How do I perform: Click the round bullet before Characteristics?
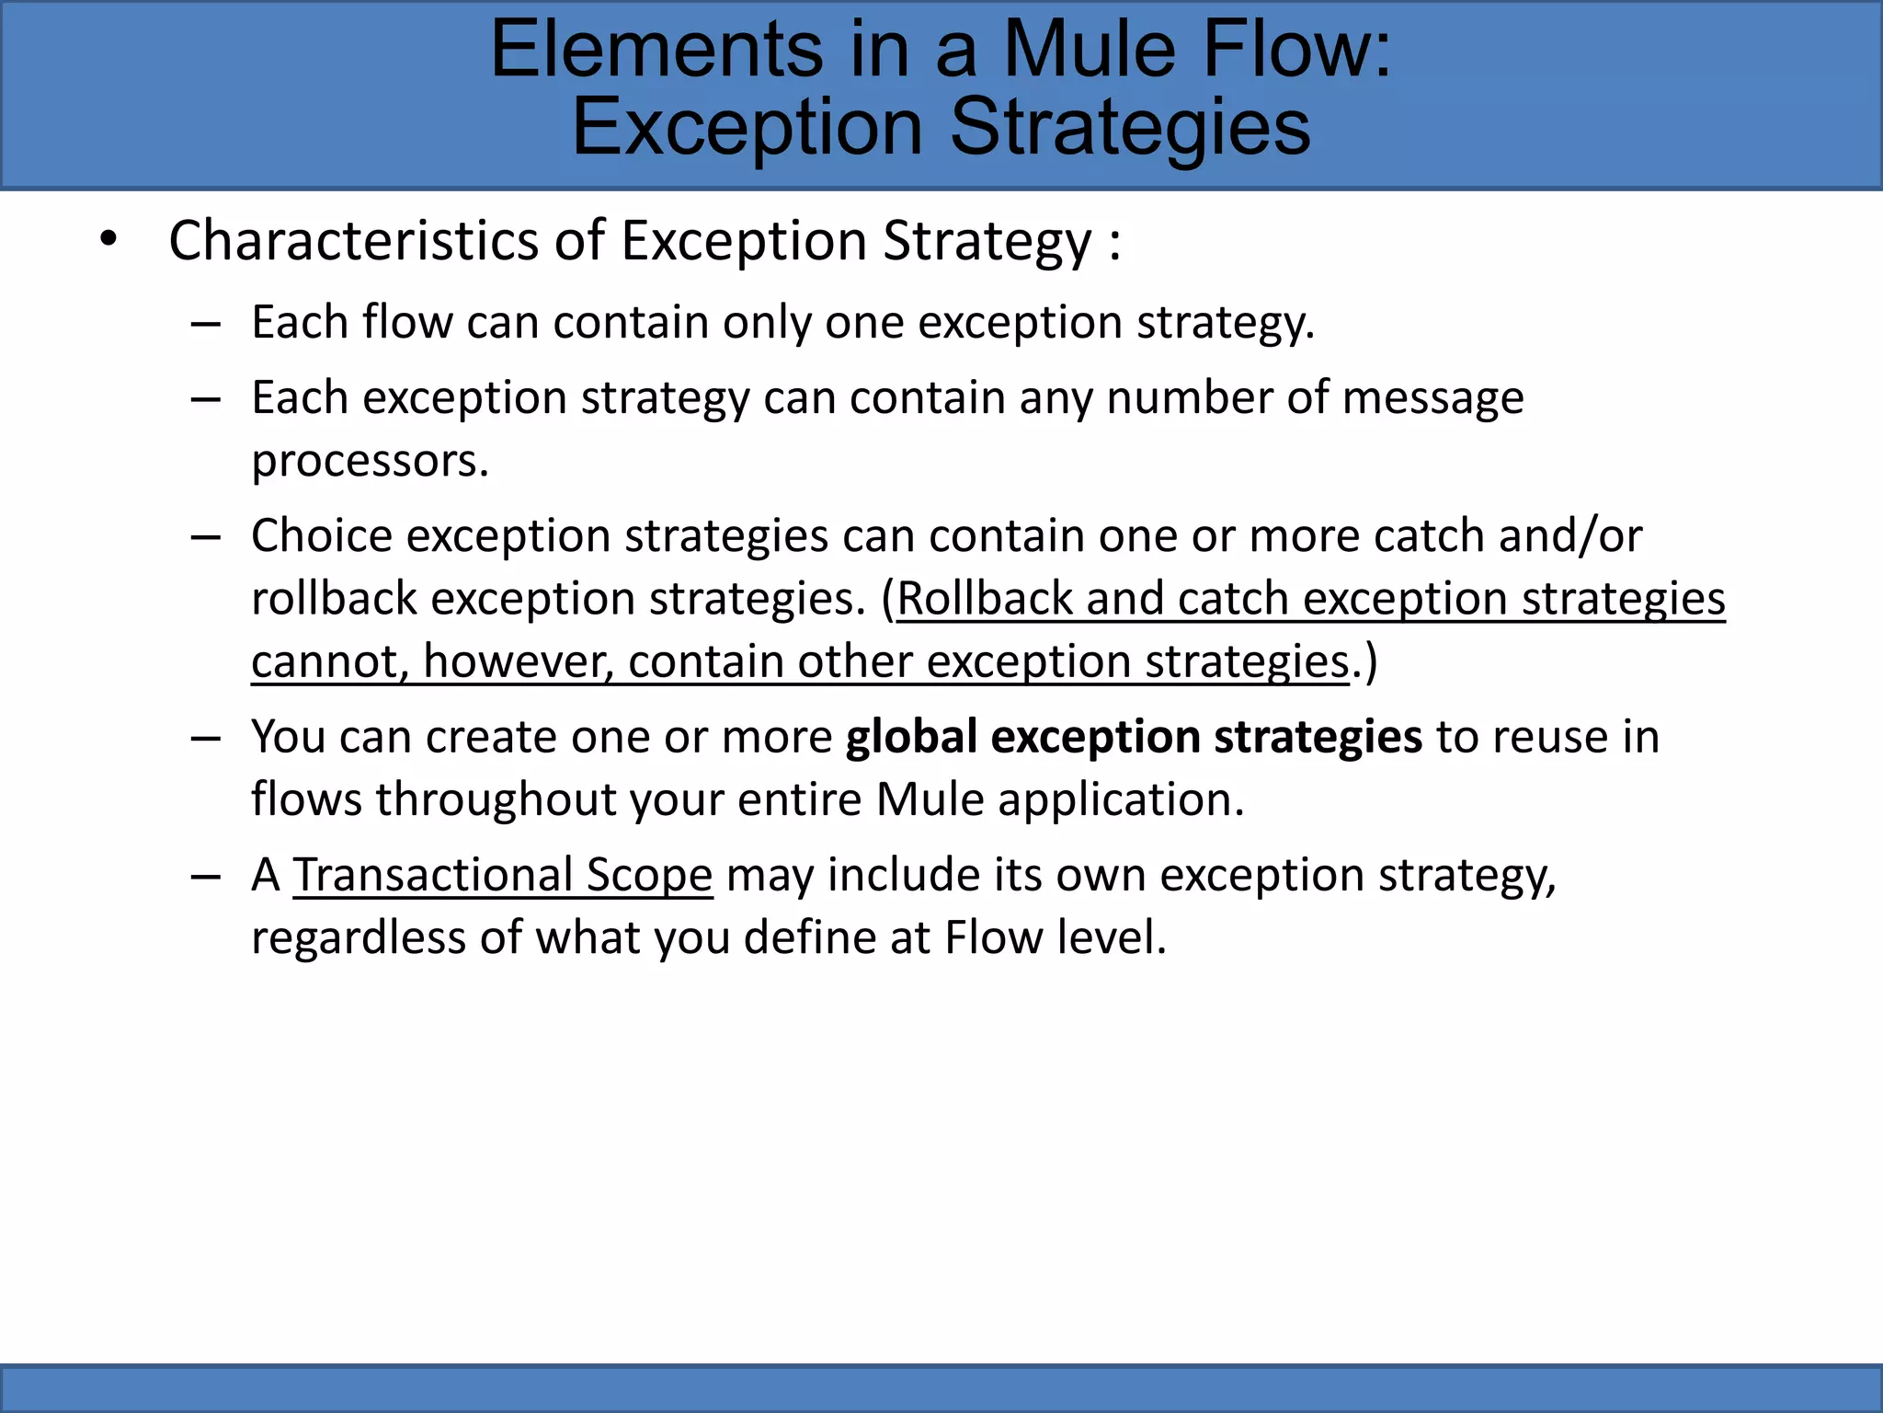109,240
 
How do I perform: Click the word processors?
370,461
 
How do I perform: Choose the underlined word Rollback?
984,599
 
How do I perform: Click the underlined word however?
519,661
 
